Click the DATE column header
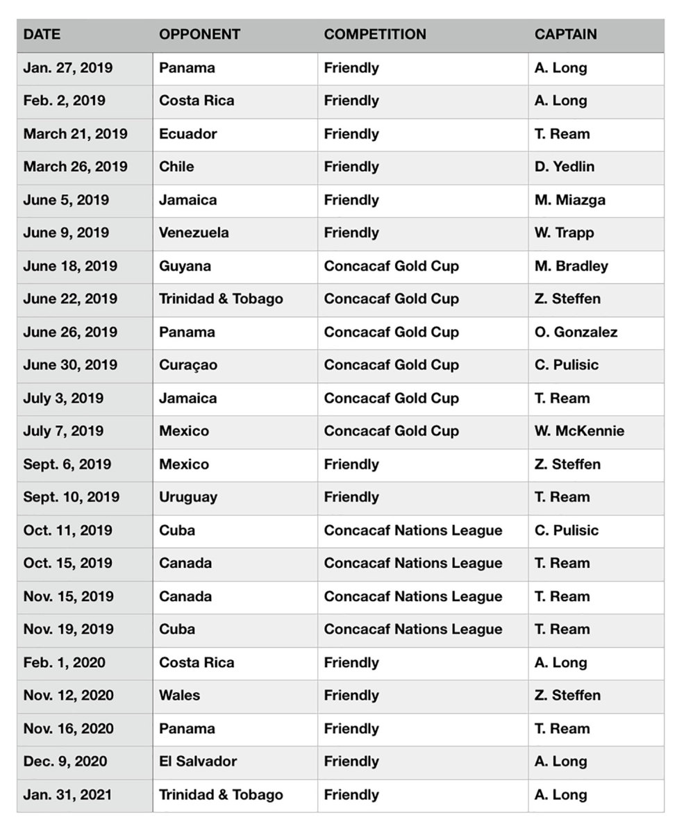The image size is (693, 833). point(42,34)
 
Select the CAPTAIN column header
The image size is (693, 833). point(565,34)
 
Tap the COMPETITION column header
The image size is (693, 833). point(375,34)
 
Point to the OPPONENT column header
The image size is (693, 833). point(199,34)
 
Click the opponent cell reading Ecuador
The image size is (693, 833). point(187,133)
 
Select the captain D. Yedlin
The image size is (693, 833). point(564,167)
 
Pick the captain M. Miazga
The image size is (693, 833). point(569,200)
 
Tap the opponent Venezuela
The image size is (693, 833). point(194,233)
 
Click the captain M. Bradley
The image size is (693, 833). point(571,266)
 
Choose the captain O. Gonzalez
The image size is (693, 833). point(576,332)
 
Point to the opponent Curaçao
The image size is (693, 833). point(187,365)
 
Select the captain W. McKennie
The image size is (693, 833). point(579,431)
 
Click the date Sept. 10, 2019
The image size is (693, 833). point(71,497)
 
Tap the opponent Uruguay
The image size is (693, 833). point(187,497)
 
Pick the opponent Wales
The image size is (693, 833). point(179,695)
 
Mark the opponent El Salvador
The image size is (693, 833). point(198,761)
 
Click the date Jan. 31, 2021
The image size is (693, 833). point(67,794)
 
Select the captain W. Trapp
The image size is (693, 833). point(564,233)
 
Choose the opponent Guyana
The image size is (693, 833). point(185,266)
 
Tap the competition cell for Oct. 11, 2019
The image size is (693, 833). point(412,530)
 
